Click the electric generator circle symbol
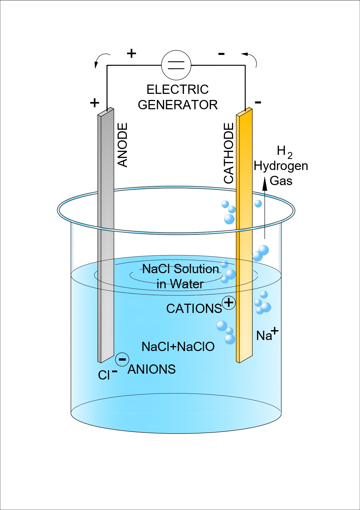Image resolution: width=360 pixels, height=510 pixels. tap(176, 65)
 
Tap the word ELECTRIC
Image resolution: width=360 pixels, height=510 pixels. tap(177, 90)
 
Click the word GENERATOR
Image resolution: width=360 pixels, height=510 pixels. tap(178, 105)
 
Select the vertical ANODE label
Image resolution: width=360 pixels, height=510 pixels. tap(123, 145)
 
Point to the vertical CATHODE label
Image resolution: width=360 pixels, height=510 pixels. tap(229, 153)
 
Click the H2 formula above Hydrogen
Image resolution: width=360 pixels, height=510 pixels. tap(284, 152)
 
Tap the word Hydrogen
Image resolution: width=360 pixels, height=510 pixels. tap(281, 166)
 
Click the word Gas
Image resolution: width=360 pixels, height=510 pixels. tap(281, 181)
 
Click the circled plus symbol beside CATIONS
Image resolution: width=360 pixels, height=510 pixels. tap(229, 303)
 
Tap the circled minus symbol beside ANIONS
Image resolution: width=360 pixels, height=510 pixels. tap(122, 359)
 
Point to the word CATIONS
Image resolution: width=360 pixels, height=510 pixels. tap(194, 309)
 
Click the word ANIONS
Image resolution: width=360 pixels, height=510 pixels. tap(152, 369)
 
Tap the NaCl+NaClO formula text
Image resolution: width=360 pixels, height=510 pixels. tap(178, 347)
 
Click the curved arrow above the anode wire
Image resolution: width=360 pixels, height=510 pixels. tap(100, 60)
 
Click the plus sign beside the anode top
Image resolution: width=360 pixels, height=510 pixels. tap(95, 103)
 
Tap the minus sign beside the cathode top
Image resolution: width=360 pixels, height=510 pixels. tap(258, 102)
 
